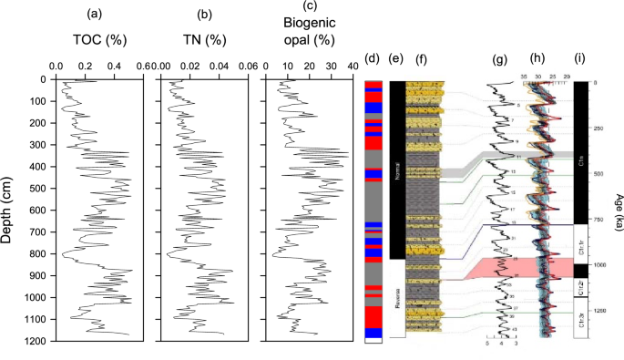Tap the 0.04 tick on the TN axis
220,67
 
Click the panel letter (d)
372,60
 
